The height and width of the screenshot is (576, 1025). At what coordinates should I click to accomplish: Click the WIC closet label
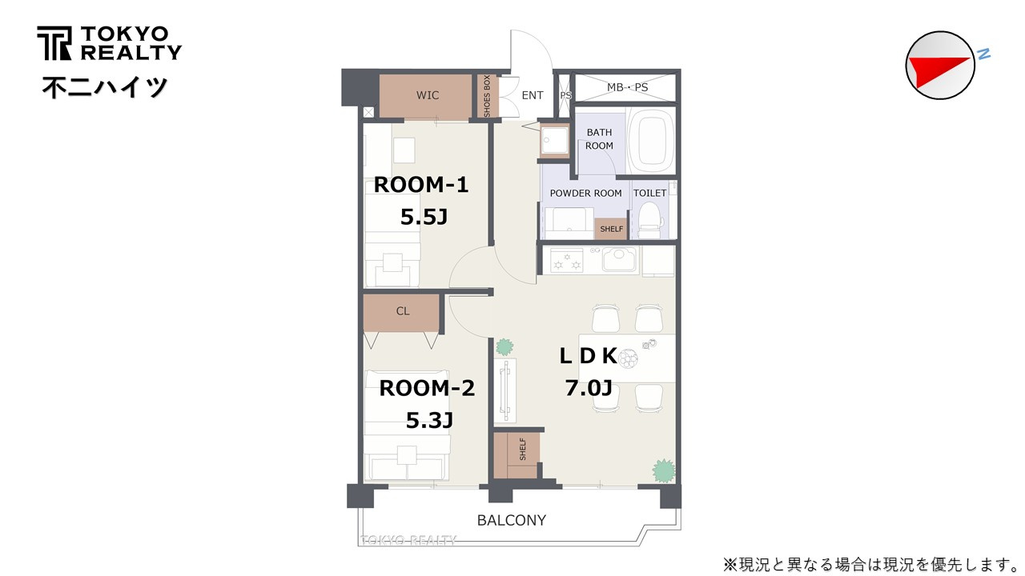pos(428,95)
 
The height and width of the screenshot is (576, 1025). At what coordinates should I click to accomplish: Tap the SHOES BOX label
pos(486,96)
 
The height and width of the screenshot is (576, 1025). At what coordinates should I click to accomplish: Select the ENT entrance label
pos(533,95)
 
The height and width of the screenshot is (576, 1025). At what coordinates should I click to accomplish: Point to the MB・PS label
pos(627,87)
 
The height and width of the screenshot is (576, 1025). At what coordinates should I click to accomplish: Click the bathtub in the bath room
pos(651,140)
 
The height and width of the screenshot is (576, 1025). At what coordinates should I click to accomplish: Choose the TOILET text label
pos(649,193)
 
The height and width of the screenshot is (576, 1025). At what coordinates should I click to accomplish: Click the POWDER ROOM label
pos(585,193)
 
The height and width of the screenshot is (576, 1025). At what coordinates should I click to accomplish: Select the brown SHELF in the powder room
pos(611,229)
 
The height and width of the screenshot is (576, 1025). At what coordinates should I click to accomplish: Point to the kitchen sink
pos(620,260)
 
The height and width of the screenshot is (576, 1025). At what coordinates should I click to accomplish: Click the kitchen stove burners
pos(566,261)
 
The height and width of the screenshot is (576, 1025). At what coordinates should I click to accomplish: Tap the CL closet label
pos(403,311)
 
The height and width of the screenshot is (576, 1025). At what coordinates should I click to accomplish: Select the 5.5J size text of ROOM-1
pos(424,217)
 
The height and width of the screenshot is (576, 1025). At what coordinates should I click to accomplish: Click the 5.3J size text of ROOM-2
pos(429,420)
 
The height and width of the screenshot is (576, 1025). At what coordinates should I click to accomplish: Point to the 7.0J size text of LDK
pos(589,388)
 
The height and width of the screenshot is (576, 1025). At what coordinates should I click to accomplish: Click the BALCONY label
pos(512,520)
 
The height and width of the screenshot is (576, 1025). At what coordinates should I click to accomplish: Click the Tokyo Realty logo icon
pos(54,43)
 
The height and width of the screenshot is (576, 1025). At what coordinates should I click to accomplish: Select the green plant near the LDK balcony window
pos(664,471)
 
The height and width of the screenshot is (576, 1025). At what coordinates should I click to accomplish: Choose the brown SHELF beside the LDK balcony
pos(517,455)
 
